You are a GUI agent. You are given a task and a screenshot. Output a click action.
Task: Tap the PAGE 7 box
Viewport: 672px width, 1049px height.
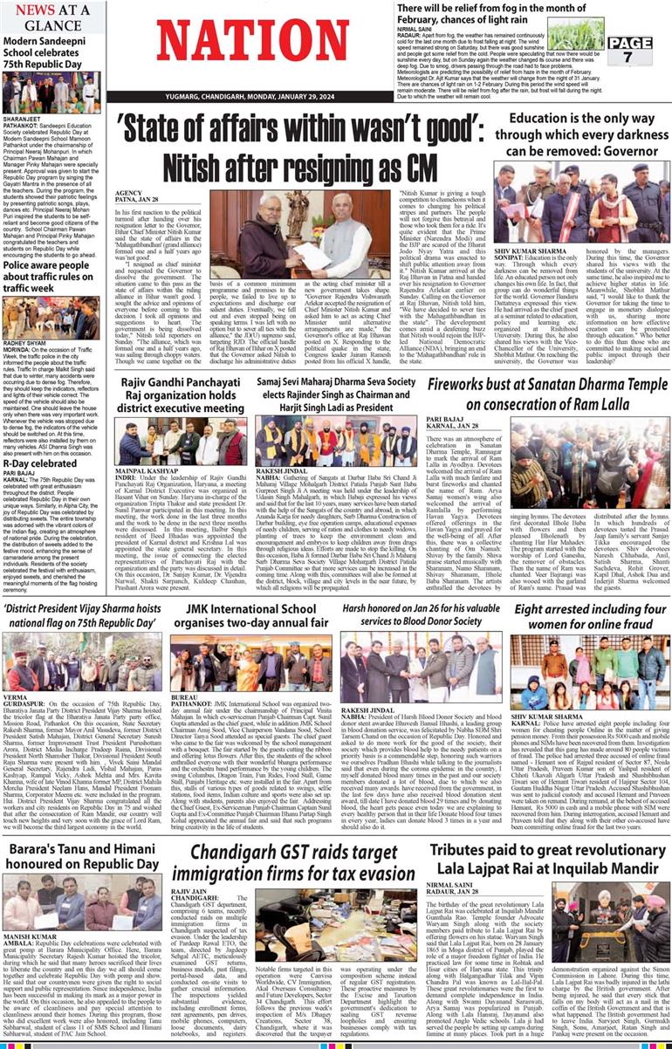coord(629,50)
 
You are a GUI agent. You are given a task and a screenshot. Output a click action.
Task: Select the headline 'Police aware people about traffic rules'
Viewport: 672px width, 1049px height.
coord(52,277)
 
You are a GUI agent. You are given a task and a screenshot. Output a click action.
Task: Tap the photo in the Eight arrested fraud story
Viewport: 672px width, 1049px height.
coord(590,671)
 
